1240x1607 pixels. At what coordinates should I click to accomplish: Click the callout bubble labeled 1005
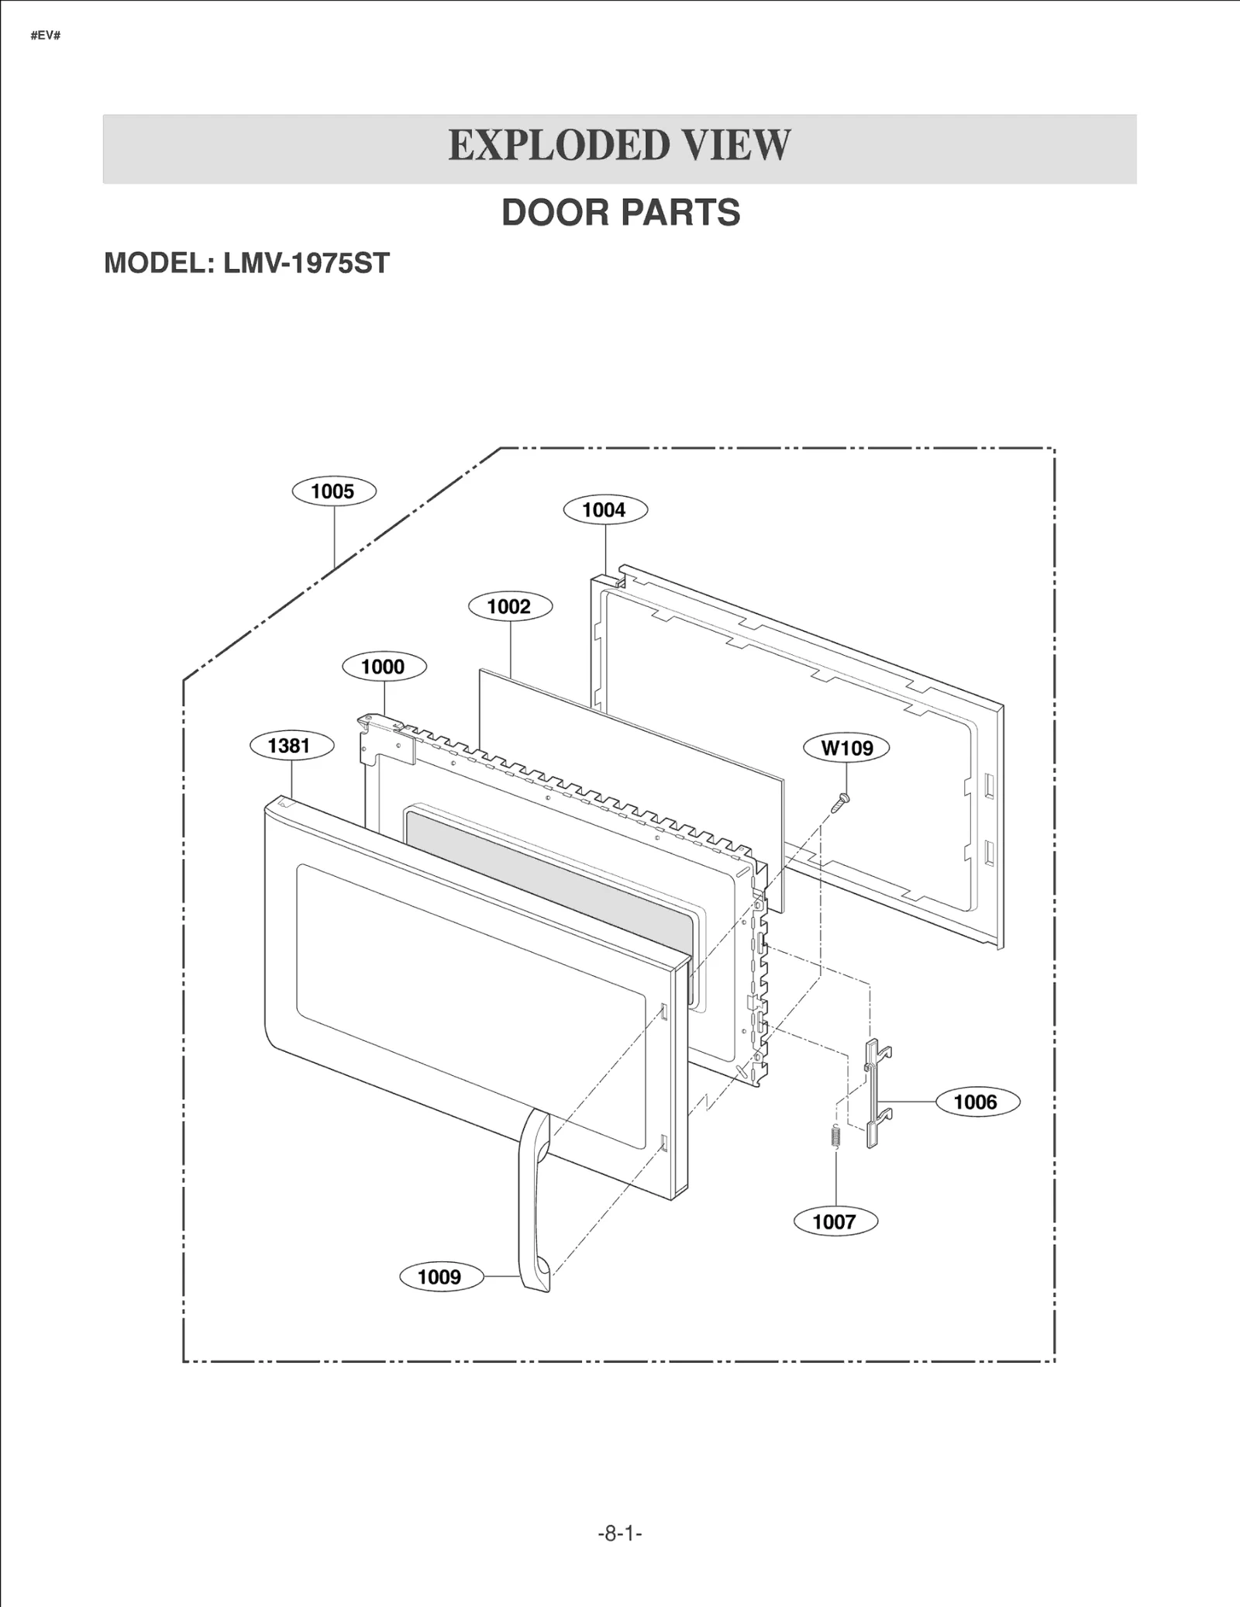(x=333, y=491)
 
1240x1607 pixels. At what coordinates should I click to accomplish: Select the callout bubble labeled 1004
(x=604, y=510)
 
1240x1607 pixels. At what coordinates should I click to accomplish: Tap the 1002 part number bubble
(x=510, y=606)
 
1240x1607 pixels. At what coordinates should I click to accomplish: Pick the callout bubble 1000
(x=384, y=667)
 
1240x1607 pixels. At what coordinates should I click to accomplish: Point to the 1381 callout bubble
(x=291, y=746)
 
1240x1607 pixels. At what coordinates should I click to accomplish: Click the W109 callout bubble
(x=846, y=748)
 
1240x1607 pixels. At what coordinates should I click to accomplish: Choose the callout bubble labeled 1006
(x=976, y=1102)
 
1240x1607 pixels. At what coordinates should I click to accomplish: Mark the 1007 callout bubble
(x=835, y=1222)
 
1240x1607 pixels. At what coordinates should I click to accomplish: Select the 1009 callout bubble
(x=440, y=1277)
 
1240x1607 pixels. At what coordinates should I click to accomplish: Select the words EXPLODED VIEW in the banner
(x=619, y=147)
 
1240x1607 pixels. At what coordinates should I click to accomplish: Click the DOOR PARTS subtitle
(x=621, y=212)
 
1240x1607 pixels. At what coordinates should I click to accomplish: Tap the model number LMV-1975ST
(x=306, y=264)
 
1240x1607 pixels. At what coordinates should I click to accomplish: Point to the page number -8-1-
(x=620, y=1533)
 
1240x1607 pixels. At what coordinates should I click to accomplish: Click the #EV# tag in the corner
(x=46, y=36)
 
